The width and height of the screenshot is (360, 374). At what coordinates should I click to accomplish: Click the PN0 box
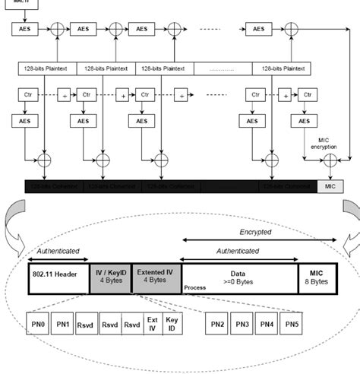pyautogui.click(x=39, y=325)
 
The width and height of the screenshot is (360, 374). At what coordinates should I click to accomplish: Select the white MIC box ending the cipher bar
pyautogui.click(x=330, y=185)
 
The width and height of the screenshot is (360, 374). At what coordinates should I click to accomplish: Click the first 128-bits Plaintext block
pyautogui.click(x=47, y=68)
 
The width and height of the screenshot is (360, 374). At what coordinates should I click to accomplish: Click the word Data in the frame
pyautogui.click(x=237, y=270)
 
